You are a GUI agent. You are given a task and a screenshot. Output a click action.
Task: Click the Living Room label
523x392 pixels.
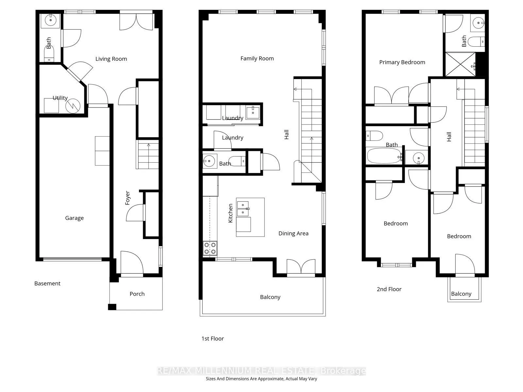111,59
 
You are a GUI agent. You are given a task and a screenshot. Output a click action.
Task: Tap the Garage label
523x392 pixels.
74,218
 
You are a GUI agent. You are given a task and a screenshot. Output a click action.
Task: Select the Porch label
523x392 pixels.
137,294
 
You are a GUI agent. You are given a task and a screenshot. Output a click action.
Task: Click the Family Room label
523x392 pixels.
257,58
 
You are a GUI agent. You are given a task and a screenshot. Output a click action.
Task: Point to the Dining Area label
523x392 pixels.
293,234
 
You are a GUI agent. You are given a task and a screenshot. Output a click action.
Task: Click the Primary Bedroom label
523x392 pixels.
402,62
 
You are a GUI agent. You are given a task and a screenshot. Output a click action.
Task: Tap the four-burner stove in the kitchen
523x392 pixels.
210,248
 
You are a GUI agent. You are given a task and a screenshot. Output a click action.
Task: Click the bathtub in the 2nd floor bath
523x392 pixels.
384,156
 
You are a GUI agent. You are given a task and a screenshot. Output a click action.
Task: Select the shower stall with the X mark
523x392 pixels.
460,64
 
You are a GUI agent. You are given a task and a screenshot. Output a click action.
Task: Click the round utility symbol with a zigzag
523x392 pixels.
73,106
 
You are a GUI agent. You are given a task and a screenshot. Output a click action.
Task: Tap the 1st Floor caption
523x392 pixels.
212,339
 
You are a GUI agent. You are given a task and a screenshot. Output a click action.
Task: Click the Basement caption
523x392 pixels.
47,284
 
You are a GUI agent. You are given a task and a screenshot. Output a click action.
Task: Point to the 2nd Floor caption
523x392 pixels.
389,289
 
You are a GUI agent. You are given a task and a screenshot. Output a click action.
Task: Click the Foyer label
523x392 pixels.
127,198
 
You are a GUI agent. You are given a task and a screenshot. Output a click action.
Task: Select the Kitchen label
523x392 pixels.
230,213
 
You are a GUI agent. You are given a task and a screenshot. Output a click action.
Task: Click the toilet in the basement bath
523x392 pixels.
49,54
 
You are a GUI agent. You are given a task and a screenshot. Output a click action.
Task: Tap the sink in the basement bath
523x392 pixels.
51,21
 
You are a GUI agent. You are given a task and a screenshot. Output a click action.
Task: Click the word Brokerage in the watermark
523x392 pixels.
343,371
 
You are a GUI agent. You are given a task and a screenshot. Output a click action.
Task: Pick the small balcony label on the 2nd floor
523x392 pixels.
461,294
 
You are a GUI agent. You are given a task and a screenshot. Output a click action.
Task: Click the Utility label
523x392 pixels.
60,98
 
